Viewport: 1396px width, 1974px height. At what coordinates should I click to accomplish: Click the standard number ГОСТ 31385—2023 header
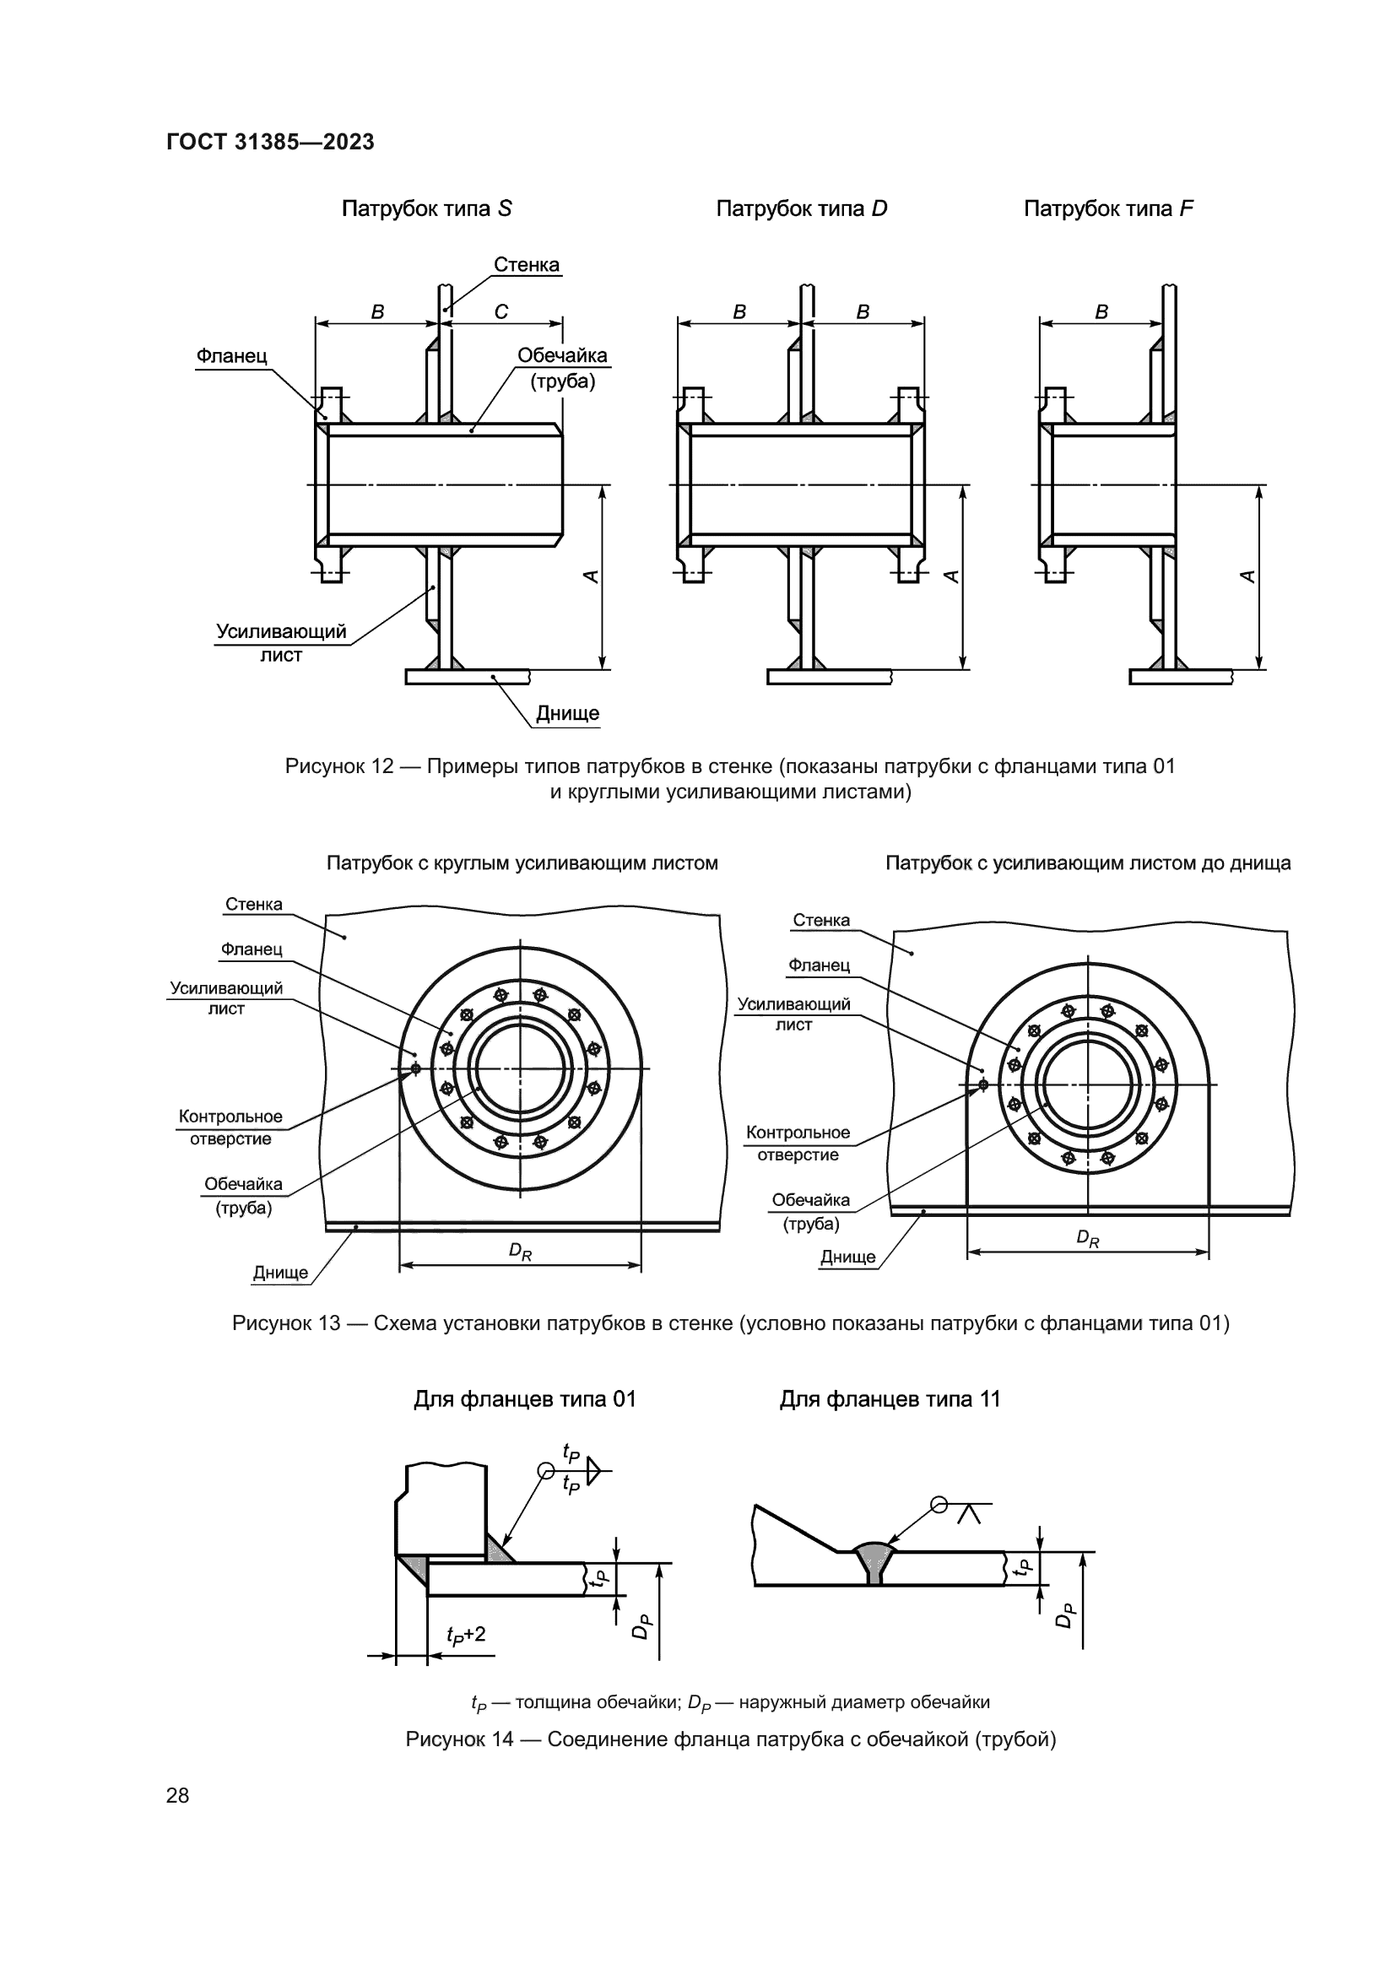click(270, 142)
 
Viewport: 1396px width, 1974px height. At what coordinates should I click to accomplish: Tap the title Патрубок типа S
click(426, 209)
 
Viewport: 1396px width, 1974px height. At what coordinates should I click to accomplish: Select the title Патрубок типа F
click(1108, 209)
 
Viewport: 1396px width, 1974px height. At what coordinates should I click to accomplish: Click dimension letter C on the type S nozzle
click(501, 312)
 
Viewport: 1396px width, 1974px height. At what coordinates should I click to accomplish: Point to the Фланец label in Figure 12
click(231, 356)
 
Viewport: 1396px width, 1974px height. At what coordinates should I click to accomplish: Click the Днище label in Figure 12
click(567, 714)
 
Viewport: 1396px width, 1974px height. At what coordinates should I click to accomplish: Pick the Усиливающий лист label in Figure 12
click(281, 643)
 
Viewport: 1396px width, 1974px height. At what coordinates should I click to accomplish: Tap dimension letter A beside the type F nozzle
click(1248, 577)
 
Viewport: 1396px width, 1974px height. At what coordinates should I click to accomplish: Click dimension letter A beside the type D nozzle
click(950, 577)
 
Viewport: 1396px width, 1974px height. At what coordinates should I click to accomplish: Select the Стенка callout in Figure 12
click(526, 265)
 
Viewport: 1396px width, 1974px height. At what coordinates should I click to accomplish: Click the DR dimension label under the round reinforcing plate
click(520, 1252)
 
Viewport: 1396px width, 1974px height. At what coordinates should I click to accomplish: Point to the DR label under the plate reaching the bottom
click(1087, 1239)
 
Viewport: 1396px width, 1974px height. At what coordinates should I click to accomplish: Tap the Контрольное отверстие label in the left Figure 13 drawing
click(230, 1128)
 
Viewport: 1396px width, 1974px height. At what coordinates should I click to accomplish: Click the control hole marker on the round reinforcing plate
click(416, 1068)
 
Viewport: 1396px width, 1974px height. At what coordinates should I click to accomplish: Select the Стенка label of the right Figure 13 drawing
click(821, 920)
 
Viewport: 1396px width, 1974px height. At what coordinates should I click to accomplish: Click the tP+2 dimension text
click(466, 1635)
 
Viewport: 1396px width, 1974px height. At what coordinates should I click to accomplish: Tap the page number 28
click(178, 1795)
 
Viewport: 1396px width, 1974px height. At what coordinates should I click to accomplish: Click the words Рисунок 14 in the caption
click(459, 1739)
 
